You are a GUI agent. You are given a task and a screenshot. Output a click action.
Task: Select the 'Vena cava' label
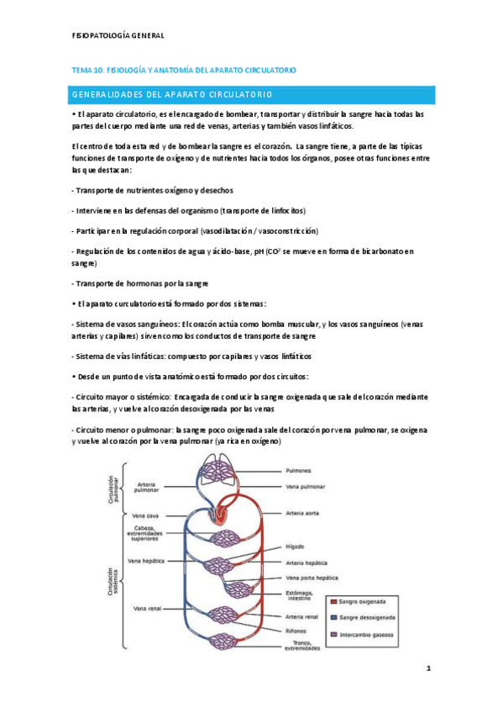[x=145, y=515]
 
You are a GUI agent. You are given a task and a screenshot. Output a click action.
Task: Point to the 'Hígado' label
[x=296, y=545]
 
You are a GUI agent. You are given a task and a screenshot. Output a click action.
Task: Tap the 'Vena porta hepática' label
[x=312, y=578]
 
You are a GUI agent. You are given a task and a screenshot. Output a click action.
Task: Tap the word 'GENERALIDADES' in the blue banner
[x=109, y=93]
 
